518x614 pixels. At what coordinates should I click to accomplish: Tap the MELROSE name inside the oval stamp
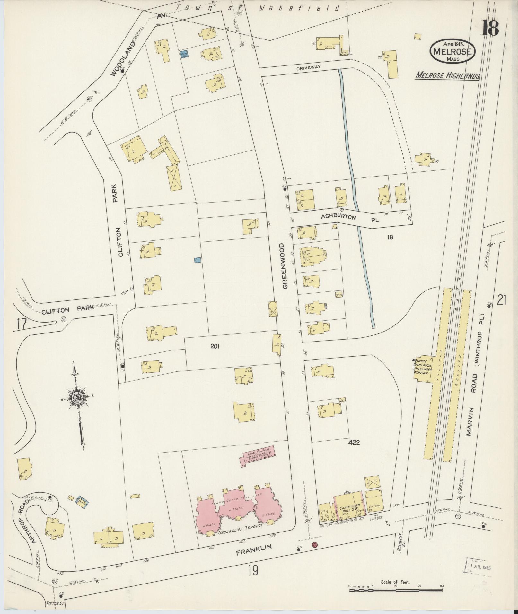click(453, 51)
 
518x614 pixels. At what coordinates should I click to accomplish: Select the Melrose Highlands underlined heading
click(447, 76)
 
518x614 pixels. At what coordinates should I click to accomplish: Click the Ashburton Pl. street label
click(350, 218)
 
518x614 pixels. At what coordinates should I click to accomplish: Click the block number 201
click(215, 346)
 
